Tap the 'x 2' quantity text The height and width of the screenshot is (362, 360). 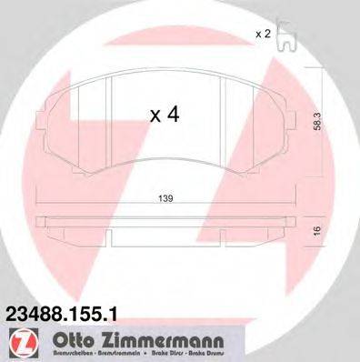coord(263,35)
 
